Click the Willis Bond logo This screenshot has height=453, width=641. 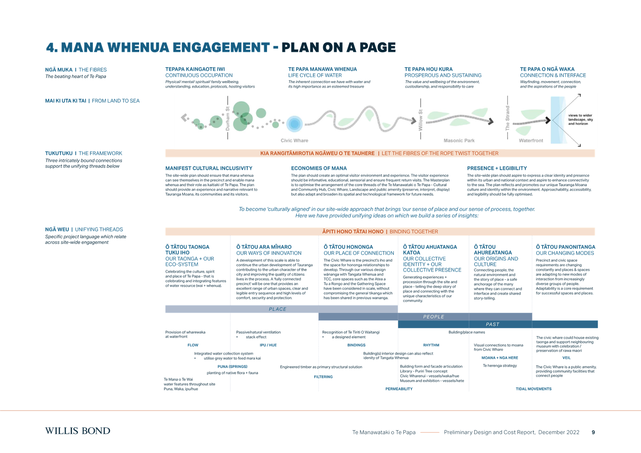pos(77,431)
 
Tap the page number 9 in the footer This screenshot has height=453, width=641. pos(593,432)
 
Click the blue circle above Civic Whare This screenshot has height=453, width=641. pos(295,124)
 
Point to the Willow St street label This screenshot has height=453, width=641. pos(421,120)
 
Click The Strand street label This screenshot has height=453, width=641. pos(507,118)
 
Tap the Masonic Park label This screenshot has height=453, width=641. pos(459,140)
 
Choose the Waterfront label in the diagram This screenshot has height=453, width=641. pos(531,140)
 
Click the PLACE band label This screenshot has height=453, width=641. pos(277,309)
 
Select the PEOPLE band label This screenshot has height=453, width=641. pos(433,316)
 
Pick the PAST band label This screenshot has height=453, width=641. pos(493,324)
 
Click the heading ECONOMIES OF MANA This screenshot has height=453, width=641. pos(319,168)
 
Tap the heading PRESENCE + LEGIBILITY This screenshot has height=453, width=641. pos(497,168)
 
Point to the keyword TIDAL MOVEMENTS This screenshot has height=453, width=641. pos(533,389)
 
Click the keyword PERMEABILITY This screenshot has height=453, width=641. pos(399,389)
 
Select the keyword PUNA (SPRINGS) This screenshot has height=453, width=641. pos(232,366)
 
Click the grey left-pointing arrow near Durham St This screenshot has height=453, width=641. pos(184,118)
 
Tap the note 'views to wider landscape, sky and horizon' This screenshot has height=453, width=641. pos(580,120)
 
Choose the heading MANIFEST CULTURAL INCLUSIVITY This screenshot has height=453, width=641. pos(209,168)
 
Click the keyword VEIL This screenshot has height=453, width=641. pos(566,357)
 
